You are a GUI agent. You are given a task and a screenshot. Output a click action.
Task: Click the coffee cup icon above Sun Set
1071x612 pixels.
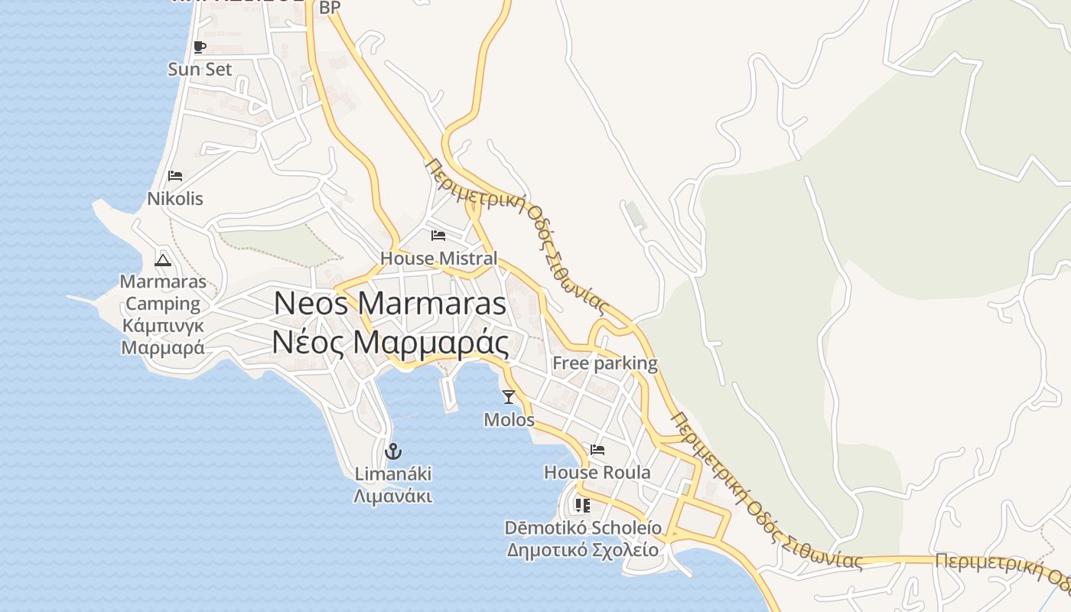(200, 47)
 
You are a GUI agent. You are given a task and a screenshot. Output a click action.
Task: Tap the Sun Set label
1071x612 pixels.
(200, 69)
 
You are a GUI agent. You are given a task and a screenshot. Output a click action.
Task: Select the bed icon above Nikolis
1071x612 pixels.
(175, 176)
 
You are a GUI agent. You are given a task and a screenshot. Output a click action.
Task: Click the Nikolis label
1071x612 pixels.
(175, 199)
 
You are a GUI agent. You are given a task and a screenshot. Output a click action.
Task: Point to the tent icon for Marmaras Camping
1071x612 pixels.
(162, 260)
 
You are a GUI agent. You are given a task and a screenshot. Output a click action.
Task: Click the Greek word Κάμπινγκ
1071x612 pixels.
(163, 326)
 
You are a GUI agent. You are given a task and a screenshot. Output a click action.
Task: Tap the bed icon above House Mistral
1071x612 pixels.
(438, 236)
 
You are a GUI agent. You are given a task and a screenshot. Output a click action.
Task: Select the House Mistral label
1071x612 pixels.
(438, 259)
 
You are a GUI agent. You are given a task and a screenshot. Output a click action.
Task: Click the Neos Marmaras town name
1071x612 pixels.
(390, 304)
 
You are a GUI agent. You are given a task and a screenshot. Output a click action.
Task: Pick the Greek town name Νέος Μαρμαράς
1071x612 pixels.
(390, 343)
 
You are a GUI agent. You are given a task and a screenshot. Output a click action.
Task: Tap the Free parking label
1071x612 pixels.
(604, 363)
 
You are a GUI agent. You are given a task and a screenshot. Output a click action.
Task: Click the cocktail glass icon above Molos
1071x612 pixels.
(509, 396)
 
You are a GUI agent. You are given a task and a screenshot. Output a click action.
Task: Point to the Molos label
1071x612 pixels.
(509, 420)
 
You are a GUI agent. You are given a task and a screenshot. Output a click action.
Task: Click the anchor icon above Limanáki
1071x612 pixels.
(393, 451)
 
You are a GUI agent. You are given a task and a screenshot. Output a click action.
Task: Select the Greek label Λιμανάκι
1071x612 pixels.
(393, 496)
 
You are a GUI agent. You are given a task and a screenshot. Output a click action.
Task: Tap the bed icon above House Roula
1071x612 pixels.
(597, 450)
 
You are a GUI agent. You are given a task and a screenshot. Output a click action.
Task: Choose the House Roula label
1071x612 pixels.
(597, 473)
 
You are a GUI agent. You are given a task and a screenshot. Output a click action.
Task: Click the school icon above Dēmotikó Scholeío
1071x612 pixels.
(583, 506)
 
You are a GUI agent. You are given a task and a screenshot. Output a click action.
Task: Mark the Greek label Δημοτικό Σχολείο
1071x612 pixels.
(583, 550)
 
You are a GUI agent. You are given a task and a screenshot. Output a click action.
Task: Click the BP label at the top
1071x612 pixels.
(330, 8)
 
